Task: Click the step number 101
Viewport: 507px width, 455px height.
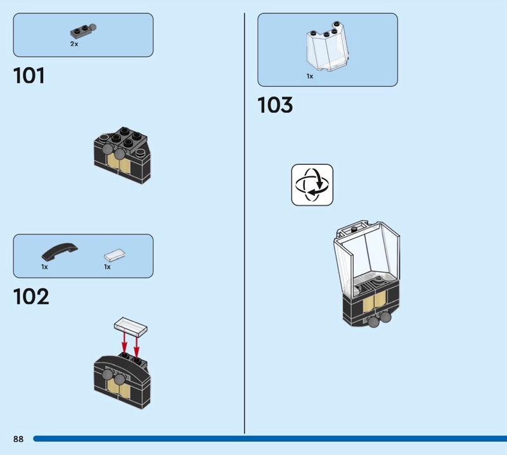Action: click(x=29, y=75)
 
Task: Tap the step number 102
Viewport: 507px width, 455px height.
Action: click(x=31, y=297)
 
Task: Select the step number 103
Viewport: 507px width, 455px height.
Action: click(x=275, y=105)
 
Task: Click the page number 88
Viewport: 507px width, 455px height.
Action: click(x=18, y=439)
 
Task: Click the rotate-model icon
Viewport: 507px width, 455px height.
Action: click(x=312, y=184)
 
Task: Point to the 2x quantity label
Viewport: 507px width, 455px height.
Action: click(x=74, y=44)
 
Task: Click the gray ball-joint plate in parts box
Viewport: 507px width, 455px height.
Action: click(x=84, y=30)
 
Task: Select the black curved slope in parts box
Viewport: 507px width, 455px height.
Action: click(x=60, y=252)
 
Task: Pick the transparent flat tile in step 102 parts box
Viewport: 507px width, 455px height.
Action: click(x=115, y=255)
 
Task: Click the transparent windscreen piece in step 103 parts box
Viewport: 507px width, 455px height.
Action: click(x=327, y=46)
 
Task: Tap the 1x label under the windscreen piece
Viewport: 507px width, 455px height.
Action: click(x=310, y=76)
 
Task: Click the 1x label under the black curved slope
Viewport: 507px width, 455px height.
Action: click(x=44, y=267)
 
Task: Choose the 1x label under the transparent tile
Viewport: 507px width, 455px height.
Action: click(x=107, y=267)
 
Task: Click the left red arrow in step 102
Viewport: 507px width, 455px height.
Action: click(x=124, y=343)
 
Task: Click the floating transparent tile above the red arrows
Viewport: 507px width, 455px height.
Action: click(x=131, y=325)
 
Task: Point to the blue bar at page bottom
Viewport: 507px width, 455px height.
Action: click(x=270, y=439)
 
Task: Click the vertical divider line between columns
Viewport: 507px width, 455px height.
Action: click(x=245, y=223)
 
